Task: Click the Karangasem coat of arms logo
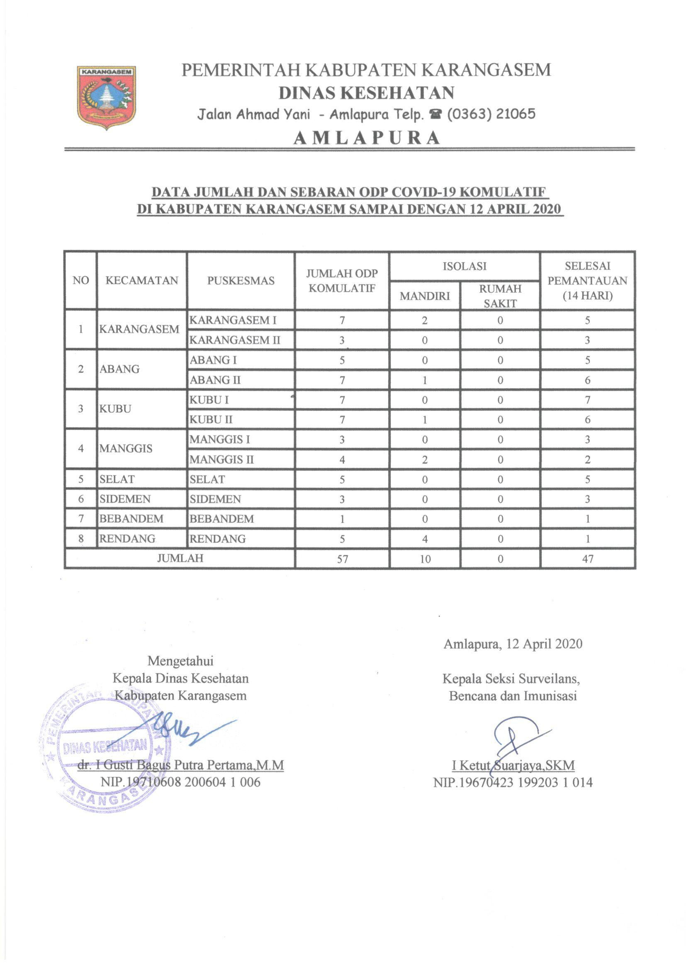107,97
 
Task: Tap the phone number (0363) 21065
491,114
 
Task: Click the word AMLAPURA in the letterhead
367,138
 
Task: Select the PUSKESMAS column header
241,281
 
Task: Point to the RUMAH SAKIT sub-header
500,296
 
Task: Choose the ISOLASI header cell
464,266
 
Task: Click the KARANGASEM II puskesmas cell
234,340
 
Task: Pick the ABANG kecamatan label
119,369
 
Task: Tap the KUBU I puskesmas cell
209,400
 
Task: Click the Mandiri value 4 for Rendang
425,539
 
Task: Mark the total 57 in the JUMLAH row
342,559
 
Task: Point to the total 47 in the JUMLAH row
587,559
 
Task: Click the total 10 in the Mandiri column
425,559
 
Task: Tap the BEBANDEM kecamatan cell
131,519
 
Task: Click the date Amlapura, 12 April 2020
513,643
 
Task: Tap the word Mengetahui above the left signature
180,661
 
